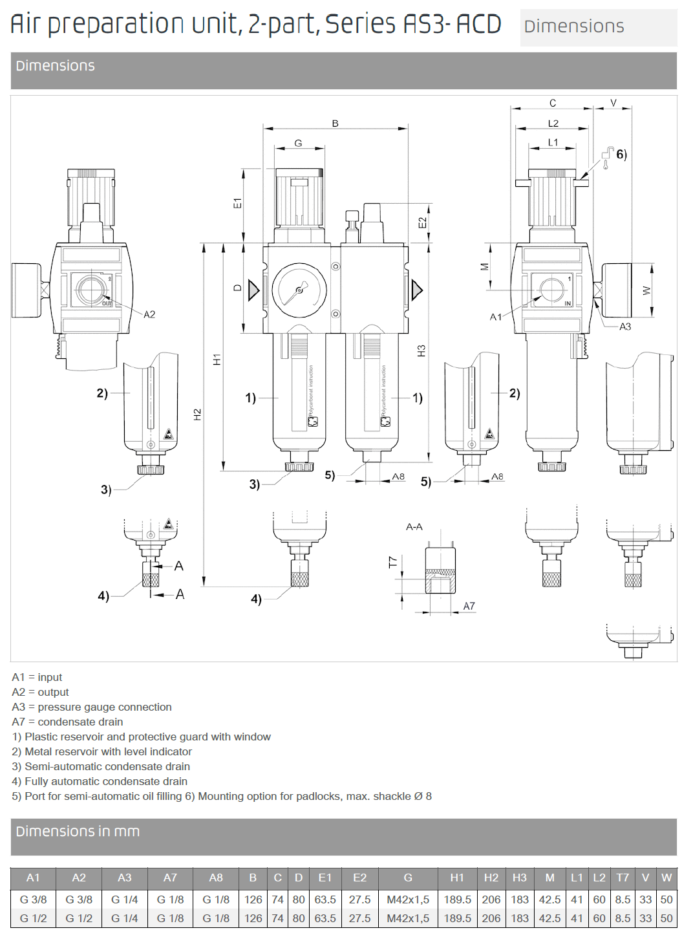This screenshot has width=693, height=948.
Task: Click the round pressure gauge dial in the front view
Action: coord(299,290)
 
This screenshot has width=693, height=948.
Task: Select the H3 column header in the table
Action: coord(519,878)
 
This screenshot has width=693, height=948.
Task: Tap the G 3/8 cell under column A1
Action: coord(33,900)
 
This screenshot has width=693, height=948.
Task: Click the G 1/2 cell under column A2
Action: coord(79,918)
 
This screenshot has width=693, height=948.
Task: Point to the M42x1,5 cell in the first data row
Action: coord(408,900)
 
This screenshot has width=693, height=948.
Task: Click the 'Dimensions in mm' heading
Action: coord(78,832)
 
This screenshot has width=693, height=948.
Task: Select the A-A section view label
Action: coord(414,527)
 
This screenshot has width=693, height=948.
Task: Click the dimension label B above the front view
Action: coord(336,124)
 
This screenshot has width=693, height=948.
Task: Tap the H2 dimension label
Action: coord(198,415)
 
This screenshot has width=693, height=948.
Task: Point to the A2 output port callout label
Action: coord(149,315)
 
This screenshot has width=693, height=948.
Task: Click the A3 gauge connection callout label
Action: coord(625,327)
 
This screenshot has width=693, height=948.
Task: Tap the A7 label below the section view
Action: coord(469,607)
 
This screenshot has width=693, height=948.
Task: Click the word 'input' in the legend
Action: coord(50,678)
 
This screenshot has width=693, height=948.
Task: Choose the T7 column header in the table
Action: coord(623,878)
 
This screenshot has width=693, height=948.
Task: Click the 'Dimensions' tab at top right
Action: coord(574,27)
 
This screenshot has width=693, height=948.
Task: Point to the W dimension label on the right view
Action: coord(646,290)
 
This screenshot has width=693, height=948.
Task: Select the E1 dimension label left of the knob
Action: coord(237,203)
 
